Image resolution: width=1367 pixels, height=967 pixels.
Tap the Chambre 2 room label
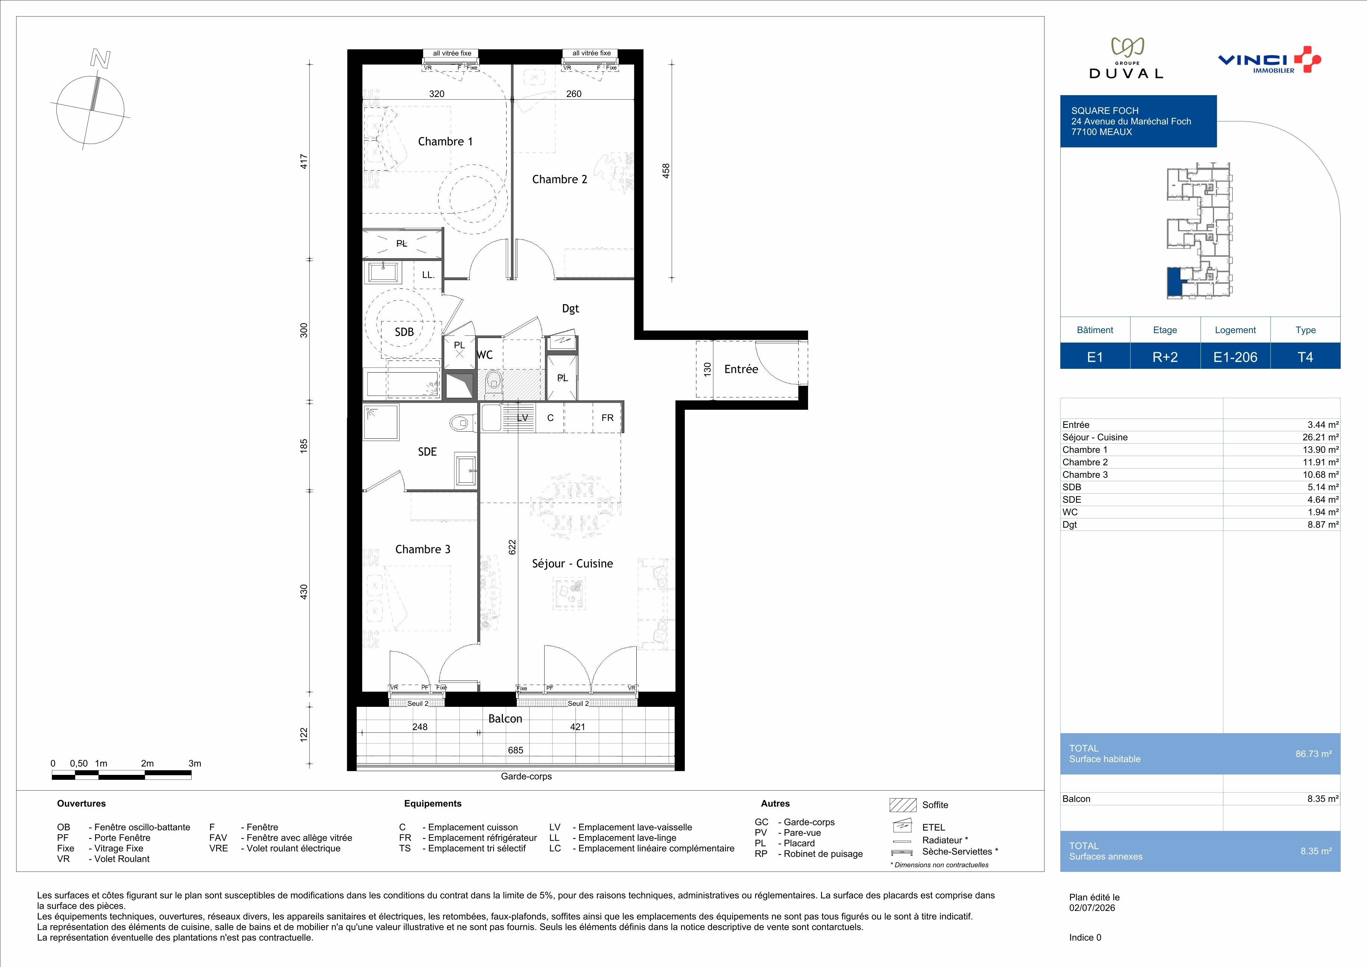pyautogui.click(x=560, y=179)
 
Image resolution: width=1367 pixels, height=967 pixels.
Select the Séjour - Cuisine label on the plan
pyautogui.click(x=572, y=563)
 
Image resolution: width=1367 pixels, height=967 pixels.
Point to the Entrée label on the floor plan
pyautogui.click(x=741, y=369)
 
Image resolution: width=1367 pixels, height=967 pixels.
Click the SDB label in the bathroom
pyautogui.click(x=404, y=332)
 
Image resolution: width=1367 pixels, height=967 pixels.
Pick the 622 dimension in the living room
pyautogui.click(x=512, y=547)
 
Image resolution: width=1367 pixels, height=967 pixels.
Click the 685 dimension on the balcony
pyautogui.click(x=516, y=750)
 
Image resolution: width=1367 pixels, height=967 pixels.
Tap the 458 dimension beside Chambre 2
pyautogui.click(x=666, y=170)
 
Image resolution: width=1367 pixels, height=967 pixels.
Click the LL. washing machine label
pyautogui.click(x=428, y=275)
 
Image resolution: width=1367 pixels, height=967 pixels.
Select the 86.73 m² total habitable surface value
pyautogui.click(x=1313, y=754)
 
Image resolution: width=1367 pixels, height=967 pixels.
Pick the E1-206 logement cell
pyautogui.click(x=1235, y=357)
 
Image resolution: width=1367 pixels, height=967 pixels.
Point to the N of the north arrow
pyautogui.click(x=100, y=59)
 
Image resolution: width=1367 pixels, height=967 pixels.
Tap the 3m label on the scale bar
pyautogui.click(x=195, y=763)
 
